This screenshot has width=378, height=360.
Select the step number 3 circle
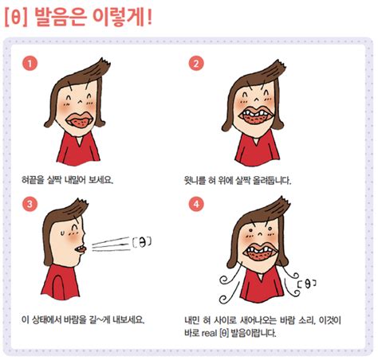30,204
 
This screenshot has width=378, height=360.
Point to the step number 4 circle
197,204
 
